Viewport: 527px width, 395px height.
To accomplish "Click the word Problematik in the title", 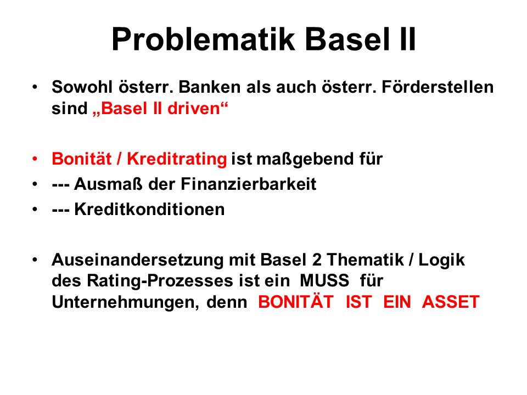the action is pos(203,39).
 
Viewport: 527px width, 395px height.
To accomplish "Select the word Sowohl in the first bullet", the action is pos(82,87).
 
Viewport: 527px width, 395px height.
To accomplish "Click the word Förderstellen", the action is pos(438,87).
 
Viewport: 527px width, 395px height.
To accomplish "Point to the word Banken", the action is pos(210,87).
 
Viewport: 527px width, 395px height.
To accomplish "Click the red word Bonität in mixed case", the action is pos(82,159).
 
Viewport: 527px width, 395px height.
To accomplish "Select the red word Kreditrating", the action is pos(177,159).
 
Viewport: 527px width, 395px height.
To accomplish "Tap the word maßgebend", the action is pos(305,159).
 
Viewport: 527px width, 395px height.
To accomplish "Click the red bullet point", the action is pos(35,159).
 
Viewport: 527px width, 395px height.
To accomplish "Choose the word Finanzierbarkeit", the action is pos(249,184).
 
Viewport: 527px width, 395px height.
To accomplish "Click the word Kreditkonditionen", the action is pos(149,209).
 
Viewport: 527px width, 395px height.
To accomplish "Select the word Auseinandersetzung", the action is pos(137,259).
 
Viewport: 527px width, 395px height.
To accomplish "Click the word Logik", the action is pos(441,260).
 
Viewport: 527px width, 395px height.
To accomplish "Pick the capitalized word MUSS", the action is pos(324,280).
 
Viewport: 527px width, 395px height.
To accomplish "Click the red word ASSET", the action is pos(450,302).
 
